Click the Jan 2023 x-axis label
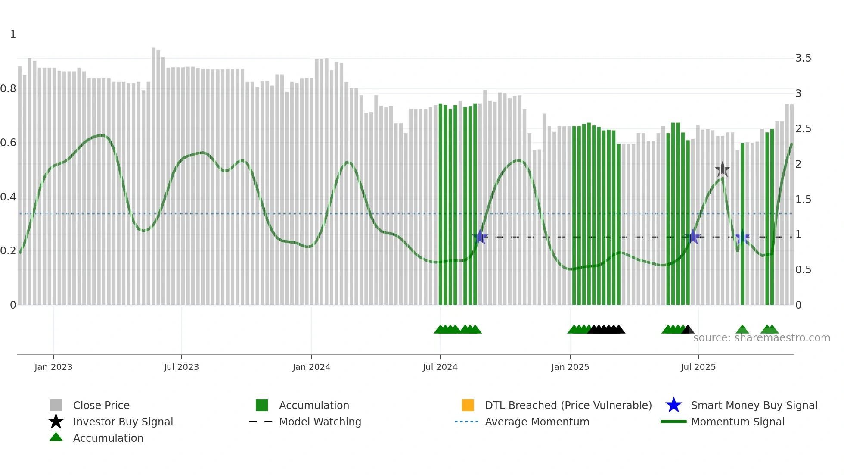click(x=53, y=367)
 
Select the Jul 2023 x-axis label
click(x=181, y=367)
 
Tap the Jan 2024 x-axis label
click(x=311, y=367)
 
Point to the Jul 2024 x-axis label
click(x=440, y=367)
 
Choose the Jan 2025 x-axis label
click(x=570, y=367)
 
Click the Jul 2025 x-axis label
click(x=698, y=367)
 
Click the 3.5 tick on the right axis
click(x=803, y=58)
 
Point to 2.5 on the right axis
click(x=803, y=129)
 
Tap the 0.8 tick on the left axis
click(x=8, y=89)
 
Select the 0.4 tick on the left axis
click(x=8, y=197)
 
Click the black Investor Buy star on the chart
click(x=722, y=169)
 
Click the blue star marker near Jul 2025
click(x=693, y=237)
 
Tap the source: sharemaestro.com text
click(x=761, y=338)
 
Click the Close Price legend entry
click(x=101, y=405)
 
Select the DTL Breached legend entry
click(x=568, y=405)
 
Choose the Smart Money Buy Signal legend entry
click(x=754, y=405)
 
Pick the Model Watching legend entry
click(x=320, y=422)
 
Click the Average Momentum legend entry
click(x=537, y=422)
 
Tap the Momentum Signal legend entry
click(x=737, y=422)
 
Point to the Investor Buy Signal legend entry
click(x=123, y=422)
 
